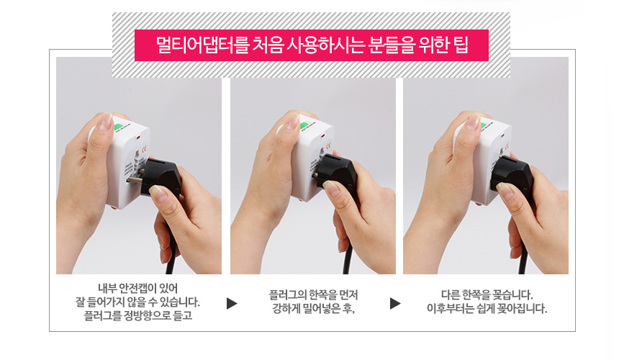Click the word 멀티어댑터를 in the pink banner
203,45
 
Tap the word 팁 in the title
461,45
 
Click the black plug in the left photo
160,177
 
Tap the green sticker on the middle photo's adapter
304,125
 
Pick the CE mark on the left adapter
144,149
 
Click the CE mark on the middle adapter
328,146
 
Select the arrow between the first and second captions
232,303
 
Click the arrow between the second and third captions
395,303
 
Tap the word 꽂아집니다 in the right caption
523,308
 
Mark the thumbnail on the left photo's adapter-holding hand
104,123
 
